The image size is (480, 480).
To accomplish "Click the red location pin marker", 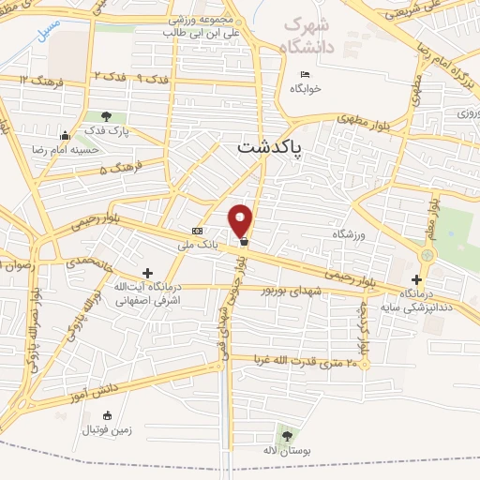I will [x=241, y=219].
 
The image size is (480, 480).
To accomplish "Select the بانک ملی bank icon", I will [x=197, y=231].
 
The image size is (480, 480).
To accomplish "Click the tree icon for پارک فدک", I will [x=106, y=117].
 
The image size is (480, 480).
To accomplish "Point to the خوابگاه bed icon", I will [x=304, y=75].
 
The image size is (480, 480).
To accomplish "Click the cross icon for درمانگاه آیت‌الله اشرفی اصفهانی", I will [x=147, y=272].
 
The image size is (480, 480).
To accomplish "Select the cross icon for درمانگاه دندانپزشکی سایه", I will [x=416, y=279].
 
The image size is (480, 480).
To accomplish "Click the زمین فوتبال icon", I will [x=106, y=415].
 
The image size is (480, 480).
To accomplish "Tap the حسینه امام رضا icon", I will [x=64, y=135].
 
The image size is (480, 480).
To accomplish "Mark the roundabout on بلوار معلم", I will [x=428, y=254].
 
